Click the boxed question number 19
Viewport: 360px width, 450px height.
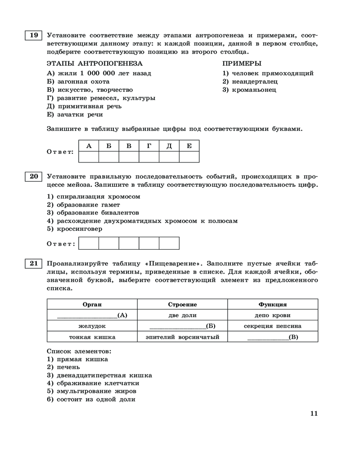(x=33, y=35)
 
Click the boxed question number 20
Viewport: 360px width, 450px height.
(x=33, y=176)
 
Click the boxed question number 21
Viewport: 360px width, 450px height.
(x=33, y=264)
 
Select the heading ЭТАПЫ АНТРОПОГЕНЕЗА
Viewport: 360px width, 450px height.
(x=94, y=63)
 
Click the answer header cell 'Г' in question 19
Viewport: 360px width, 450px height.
(x=149, y=145)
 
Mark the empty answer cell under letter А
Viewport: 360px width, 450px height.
(x=89, y=157)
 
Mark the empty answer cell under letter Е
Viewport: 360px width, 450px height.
(x=189, y=157)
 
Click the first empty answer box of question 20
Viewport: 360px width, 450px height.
(x=89, y=243)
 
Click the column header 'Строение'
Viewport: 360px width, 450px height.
(x=182, y=305)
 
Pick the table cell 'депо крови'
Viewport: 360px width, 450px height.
(x=272, y=315)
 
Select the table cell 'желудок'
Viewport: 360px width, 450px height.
(x=92, y=326)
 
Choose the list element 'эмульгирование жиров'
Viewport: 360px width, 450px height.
(x=89, y=391)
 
